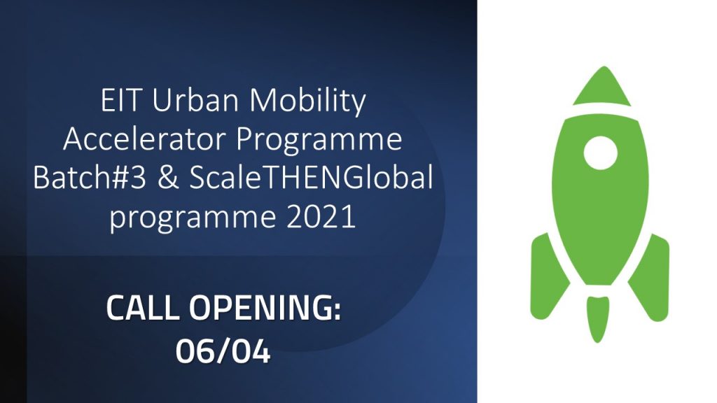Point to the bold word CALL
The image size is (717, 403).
(144, 309)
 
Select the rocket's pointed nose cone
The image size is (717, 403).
(600, 87)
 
